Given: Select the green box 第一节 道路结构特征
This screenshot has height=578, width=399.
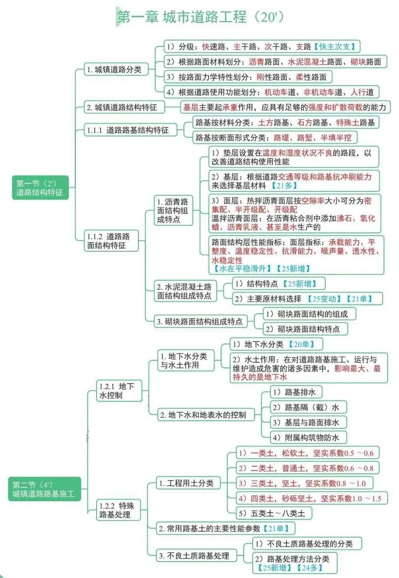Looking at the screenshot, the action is coord(40,188).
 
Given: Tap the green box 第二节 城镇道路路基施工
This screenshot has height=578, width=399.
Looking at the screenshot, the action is coord(44,489).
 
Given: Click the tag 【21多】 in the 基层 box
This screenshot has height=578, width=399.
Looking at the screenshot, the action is coord(284,185).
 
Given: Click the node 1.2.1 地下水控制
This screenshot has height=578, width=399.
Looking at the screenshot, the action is coord(117,391).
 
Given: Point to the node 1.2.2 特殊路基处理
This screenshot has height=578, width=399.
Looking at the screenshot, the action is coord(117,510).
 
